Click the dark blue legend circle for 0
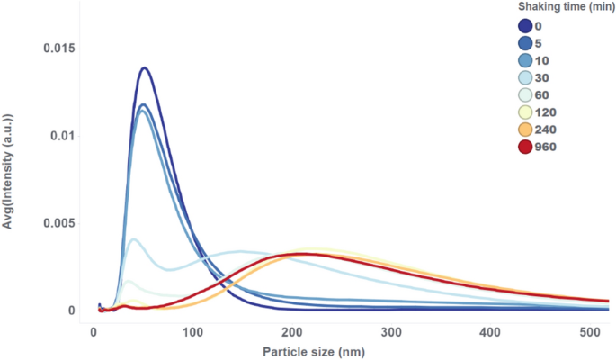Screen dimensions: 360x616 525,27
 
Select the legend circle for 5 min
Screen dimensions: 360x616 525,44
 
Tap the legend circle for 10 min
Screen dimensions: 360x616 525,61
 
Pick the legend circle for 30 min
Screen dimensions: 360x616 525,78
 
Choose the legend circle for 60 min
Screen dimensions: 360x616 525,95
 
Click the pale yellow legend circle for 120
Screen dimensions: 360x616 525,112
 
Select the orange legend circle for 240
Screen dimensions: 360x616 525,130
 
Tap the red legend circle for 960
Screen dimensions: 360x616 525,147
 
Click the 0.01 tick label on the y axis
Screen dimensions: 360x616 66,136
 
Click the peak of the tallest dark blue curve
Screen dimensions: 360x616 143,67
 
